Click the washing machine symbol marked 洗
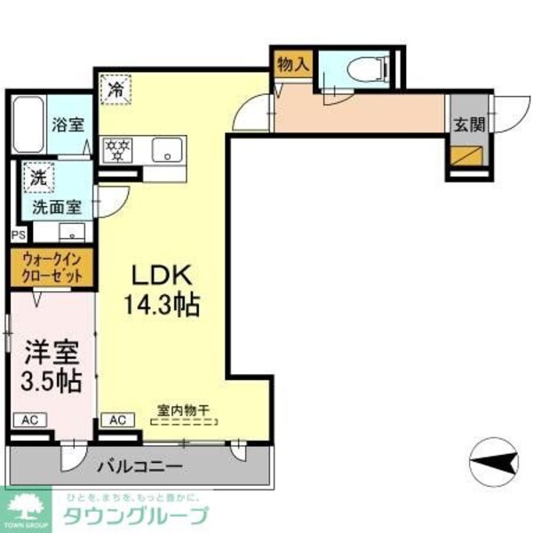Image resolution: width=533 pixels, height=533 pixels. (x=38, y=177)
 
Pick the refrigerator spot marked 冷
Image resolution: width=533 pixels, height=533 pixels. (x=116, y=88)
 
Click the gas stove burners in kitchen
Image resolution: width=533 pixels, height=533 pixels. (x=117, y=150)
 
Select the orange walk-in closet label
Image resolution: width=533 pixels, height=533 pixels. (x=52, y=268)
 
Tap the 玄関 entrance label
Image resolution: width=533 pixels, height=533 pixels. (x=469, y=123)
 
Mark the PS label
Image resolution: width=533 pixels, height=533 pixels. (x=18, y=235)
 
